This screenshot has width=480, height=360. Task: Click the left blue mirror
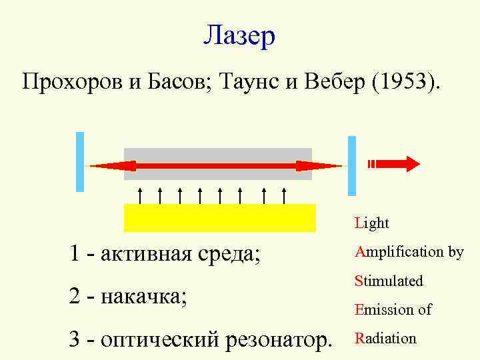click(80, 162)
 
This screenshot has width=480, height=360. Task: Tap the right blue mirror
click(352, 165)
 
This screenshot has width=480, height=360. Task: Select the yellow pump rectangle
click(219, 217)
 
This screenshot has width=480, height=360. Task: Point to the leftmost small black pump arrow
click(140, 195)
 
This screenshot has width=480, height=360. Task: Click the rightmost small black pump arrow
click(285, 195)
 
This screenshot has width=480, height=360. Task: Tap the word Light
click(372, 223)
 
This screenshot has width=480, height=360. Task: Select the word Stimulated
click(389, 281)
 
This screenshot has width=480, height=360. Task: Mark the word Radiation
click(385, 338)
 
